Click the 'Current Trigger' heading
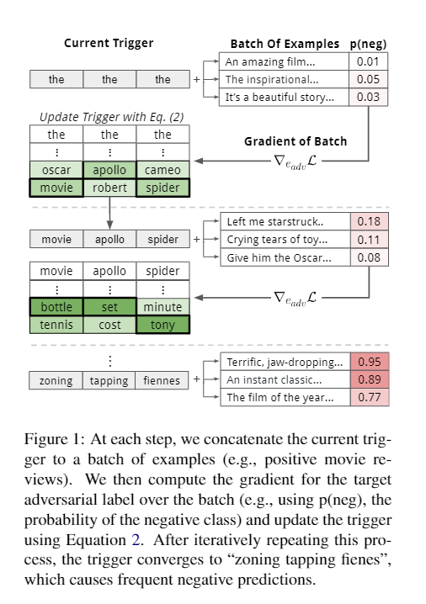pyautogui.click(x=109, y=43)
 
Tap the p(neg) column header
pyautogui.click(x=369, y=44)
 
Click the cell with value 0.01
pyautogui.click(x=369, y=61)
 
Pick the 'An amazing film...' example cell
pyautogui.click(x=284, y=61)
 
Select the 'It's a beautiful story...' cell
pyautogui.click(x=284, y=97)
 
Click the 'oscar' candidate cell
pyautogui.click(x=56, y=170)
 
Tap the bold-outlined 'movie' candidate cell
pyautogui.click(x=56, y=187)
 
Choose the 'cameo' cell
pyautogui.click(x=162, y=170)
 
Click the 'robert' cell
pyautogui.click(x=109, y=187)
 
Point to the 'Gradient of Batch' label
pyautogui.click(x=296, y=141)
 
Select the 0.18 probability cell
pyautogui.click(x=369, y=222)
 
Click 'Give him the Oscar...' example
pyautogui.click(x=284, y=257)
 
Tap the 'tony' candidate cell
pyautogui.click(x=162, y=325)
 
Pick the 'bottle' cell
pyautogui.click(x=56, y=307)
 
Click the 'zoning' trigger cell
pyautogui.click(x=56, y=380)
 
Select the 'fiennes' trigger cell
pyautogui.click(x=162, y=380)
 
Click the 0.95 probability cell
pyautogui.click(x=369, y=362)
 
